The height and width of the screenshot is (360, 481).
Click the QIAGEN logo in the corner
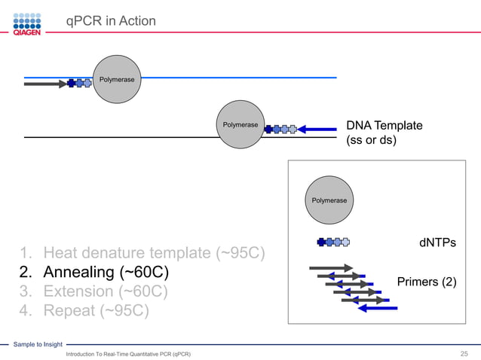coord(28,23)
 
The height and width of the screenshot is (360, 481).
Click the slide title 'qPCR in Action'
coord(111,21)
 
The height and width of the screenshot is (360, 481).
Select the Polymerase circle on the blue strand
coord(116,79)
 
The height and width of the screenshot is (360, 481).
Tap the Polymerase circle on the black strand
coord(240,124)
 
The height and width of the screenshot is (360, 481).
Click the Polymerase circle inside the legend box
coord(329,200)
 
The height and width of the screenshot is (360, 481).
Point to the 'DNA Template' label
coord(384,125)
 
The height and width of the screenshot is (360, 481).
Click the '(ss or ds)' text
coord(371,140)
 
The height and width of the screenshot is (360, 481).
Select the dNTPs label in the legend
coord(437,243)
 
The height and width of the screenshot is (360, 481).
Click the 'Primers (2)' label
coord(426,282)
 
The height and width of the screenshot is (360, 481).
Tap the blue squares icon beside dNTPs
coord(333,243)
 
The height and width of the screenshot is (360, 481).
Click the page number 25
coord(464,353)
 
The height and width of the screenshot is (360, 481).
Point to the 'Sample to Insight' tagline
coord(38,344)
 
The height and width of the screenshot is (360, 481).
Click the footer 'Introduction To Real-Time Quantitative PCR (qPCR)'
coord(128,354)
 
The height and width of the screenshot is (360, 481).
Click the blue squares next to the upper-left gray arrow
coord(79,84)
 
